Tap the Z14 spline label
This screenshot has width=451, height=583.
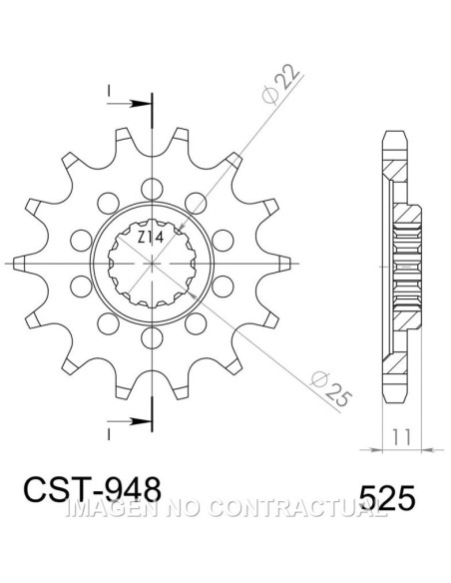[x=151, y=237]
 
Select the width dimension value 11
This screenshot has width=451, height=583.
[x=402, y=437]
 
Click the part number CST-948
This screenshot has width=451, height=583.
[x=93, y=490]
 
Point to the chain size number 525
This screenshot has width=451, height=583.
[x=387, y=497]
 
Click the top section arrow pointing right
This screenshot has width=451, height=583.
[x=130, y=104]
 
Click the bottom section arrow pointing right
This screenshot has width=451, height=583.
[x=130, y=421]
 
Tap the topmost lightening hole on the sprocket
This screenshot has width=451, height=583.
[x=152, y=189]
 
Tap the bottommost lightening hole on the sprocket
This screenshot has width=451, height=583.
[x=153, y=337]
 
